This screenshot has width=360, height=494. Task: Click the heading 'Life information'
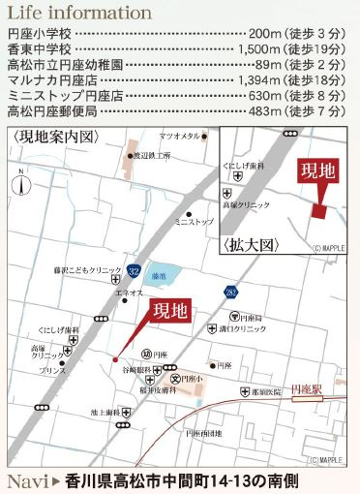[x=79, y=14]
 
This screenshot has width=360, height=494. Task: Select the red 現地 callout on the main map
[x=172, y=313]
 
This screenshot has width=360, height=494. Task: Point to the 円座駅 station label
[x=308, y=386]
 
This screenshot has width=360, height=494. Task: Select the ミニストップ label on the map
[x=194, y=222]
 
